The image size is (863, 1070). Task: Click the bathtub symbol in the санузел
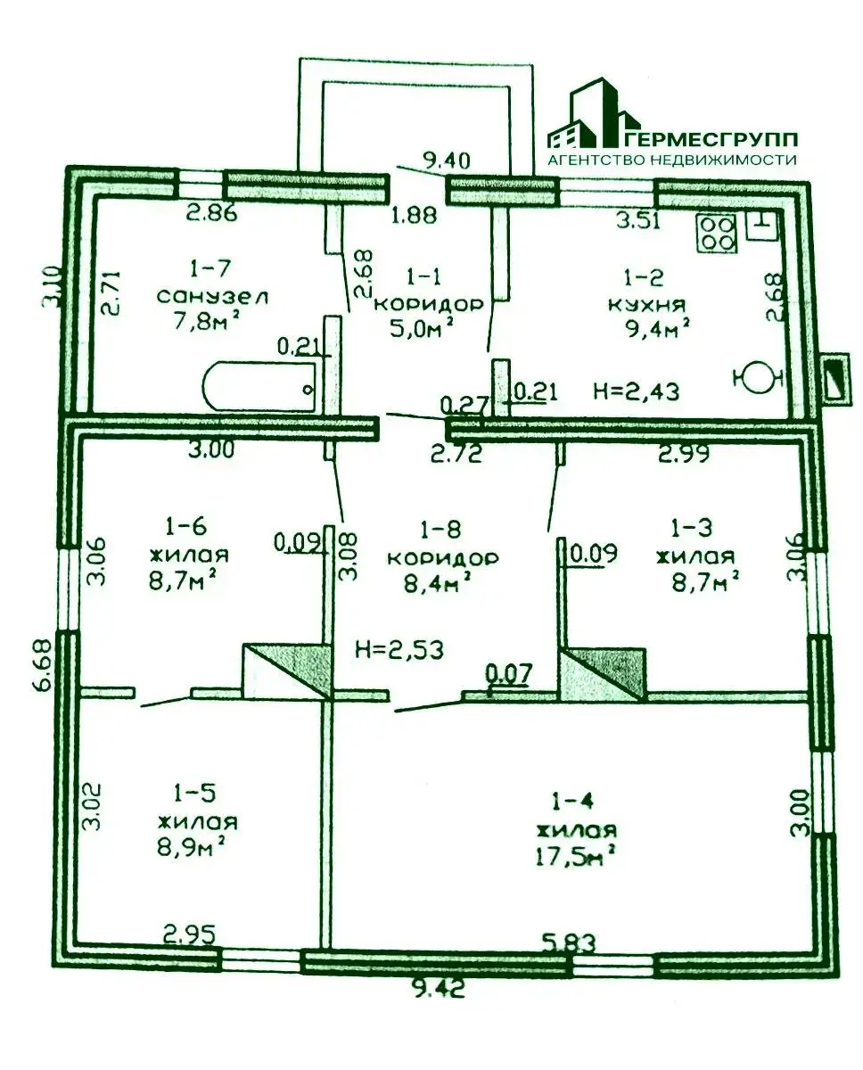259,387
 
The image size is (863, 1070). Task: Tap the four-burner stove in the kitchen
717,234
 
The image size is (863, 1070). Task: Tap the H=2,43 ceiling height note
637,391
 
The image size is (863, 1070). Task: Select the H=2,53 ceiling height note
399,649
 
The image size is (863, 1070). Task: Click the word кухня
646,304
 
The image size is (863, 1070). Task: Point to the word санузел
212,297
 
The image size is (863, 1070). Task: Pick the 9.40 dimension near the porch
446,160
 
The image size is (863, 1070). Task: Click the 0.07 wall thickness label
508,673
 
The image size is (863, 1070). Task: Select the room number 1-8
440,530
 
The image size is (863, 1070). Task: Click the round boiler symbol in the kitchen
758,378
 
